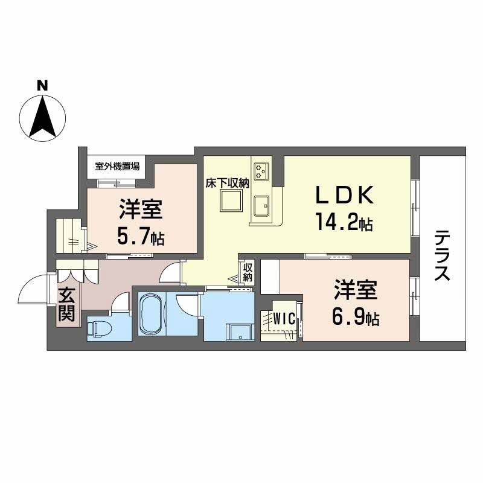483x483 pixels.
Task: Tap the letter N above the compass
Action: click(x=42, y=85)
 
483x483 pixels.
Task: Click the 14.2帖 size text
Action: click(x=342, y=223)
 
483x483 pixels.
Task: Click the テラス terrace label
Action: click(x=443, y=255)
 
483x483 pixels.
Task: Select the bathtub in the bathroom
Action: click(x=152, y=313)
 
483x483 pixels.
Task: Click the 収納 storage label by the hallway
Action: click(x=248, y=272)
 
